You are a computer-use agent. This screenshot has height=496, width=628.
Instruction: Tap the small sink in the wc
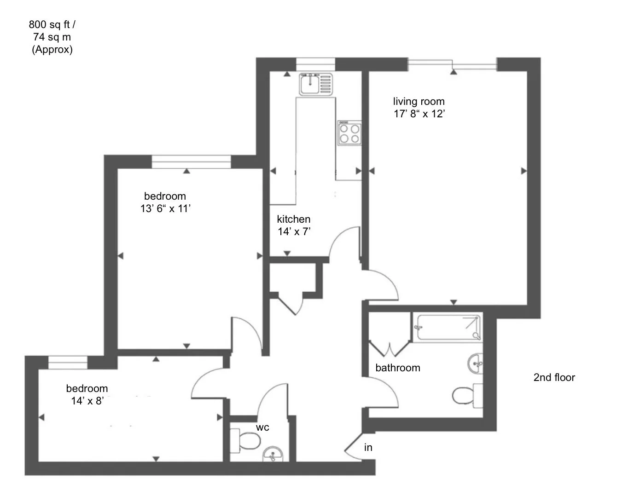[274, 455]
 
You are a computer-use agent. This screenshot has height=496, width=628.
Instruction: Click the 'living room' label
[419, 101]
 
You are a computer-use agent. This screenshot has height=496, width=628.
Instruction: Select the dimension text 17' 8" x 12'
[419, 114]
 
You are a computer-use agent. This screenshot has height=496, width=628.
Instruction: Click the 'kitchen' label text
[293, 219]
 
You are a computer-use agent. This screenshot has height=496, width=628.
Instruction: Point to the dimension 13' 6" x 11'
[165, 208]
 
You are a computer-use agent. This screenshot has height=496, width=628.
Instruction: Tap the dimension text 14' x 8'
[87, 401]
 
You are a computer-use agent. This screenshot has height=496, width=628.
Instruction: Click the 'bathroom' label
[397, 368]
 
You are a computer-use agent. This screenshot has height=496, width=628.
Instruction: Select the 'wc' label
[262, 427]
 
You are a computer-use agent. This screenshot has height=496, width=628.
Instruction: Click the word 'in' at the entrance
[368, 447]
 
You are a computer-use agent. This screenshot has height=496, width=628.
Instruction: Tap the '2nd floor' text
[554, 377]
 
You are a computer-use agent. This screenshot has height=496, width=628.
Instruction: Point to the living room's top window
[453, 64]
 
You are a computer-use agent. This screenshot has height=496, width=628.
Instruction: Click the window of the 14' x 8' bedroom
[68, 363]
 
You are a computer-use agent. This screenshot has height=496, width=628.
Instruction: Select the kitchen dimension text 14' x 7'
[294, 231]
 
